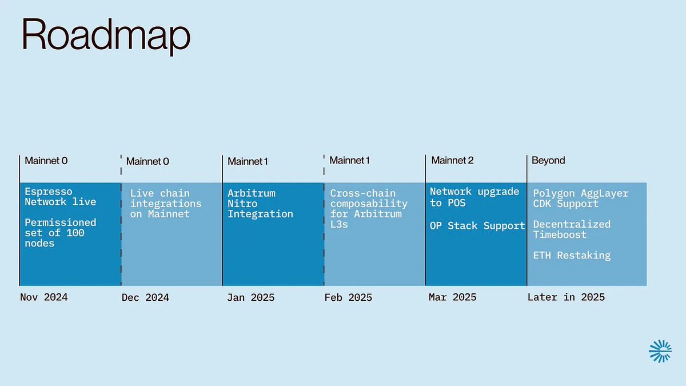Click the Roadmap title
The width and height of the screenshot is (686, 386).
click(x=106, y=36)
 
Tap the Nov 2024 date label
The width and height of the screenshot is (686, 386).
click(x=44, y=297)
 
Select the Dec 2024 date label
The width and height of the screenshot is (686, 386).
click(x=145, y=297)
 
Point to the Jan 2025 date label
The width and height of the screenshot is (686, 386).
click(x=251, y=297)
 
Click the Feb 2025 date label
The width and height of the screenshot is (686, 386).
click(x=348, y=297)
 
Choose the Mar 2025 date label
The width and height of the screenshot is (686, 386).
click(x=453, y=297)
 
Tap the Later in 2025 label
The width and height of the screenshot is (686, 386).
click(x=566, y=297)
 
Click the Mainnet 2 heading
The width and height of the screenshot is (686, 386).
click(x=452, y=160)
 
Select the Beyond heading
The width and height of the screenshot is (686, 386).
click(x=548, y=161)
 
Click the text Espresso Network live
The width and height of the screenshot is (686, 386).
click(x=61, y=197)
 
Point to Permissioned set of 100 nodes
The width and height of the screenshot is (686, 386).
click(x=61, y=233)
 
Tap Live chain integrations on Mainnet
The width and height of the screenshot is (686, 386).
click(x=166, y=204)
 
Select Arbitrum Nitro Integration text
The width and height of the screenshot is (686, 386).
click(x=260, y=204)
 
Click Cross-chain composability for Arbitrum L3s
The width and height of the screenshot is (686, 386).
click(x=369, y=209)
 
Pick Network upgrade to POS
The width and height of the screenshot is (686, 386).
click(x=474, y=197)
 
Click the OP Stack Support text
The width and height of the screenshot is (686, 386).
click(x=477, y=226)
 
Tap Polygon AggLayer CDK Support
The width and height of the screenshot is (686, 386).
click(x=581, y=198)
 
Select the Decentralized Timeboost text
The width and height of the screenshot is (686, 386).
click(x=572, y=229)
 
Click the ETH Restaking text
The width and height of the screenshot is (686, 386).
click(x=572, y=255)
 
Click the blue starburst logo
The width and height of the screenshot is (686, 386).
click(x=660, y=351)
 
